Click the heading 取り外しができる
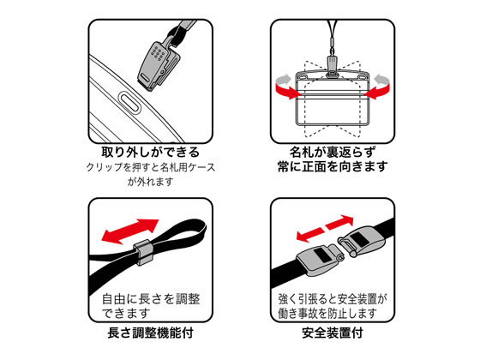150,153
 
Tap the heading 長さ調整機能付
150,333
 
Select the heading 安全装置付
333,333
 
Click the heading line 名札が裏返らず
333,153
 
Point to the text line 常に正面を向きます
333,166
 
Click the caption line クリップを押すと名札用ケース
150,167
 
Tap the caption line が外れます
150,182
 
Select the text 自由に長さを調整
151,299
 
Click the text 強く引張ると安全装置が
333,299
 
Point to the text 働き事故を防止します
327,314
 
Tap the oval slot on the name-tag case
129,103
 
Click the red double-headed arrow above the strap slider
130,231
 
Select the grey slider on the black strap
141,253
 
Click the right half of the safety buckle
361,243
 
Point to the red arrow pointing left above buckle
309,235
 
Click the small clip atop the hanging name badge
333,65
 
